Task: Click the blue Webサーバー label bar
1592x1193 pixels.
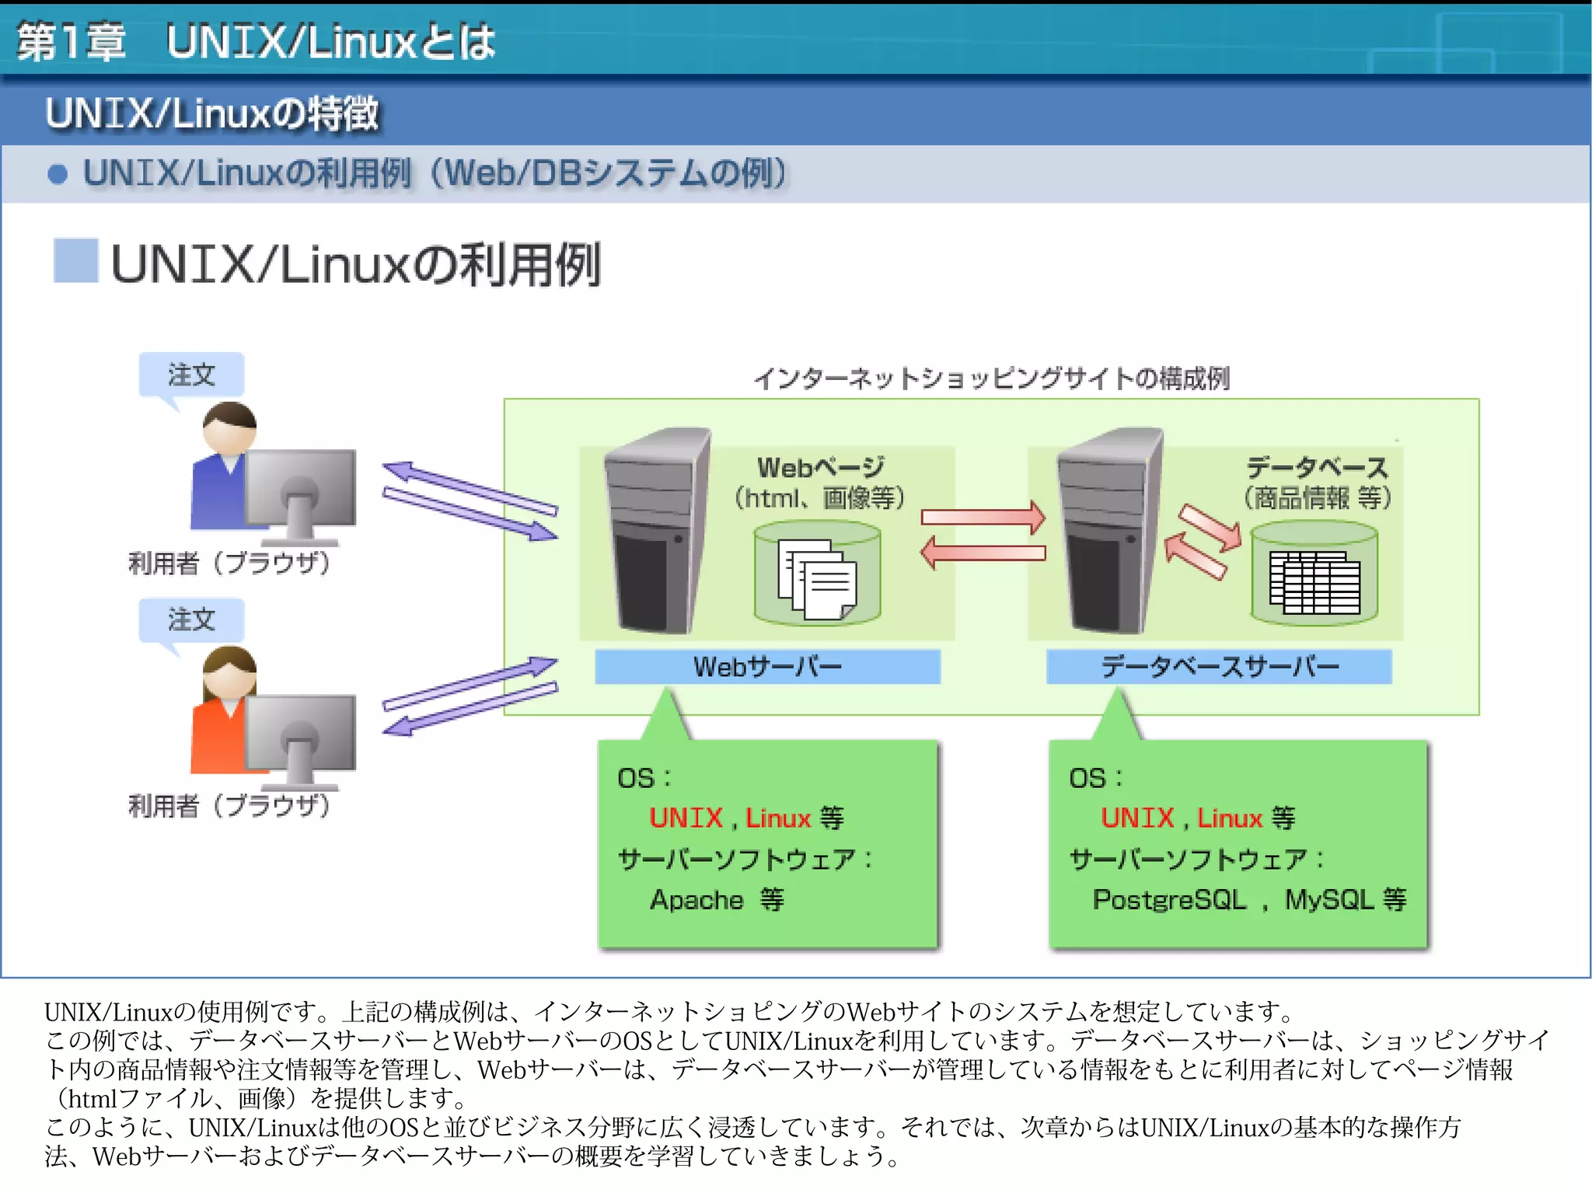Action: (x=767, y=667)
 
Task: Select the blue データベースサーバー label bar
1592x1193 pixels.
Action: (x=1218, y=667)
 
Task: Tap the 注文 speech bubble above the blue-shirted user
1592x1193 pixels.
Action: (x=191, y=375)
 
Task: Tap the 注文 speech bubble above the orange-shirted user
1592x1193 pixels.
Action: (x=191, y=619)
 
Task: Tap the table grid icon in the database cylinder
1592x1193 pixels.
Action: (x=1314, y=582)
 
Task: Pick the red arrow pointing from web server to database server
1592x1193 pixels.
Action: (x=983, y=518)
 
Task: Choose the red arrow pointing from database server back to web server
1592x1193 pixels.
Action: (x=983, y=553)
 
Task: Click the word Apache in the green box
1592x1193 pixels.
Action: (x=696, y=900)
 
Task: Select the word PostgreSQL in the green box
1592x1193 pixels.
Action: (x=1169, y=900)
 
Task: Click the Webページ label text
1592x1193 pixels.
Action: (x=821, y=467)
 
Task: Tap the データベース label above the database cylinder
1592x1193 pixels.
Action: (x=1317, y=468)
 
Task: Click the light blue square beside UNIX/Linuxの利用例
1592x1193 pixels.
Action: (x=75, y=260)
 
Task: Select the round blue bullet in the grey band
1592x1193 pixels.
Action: (x=58, y=174)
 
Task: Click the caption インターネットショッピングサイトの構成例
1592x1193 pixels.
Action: (x=991, y=378)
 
